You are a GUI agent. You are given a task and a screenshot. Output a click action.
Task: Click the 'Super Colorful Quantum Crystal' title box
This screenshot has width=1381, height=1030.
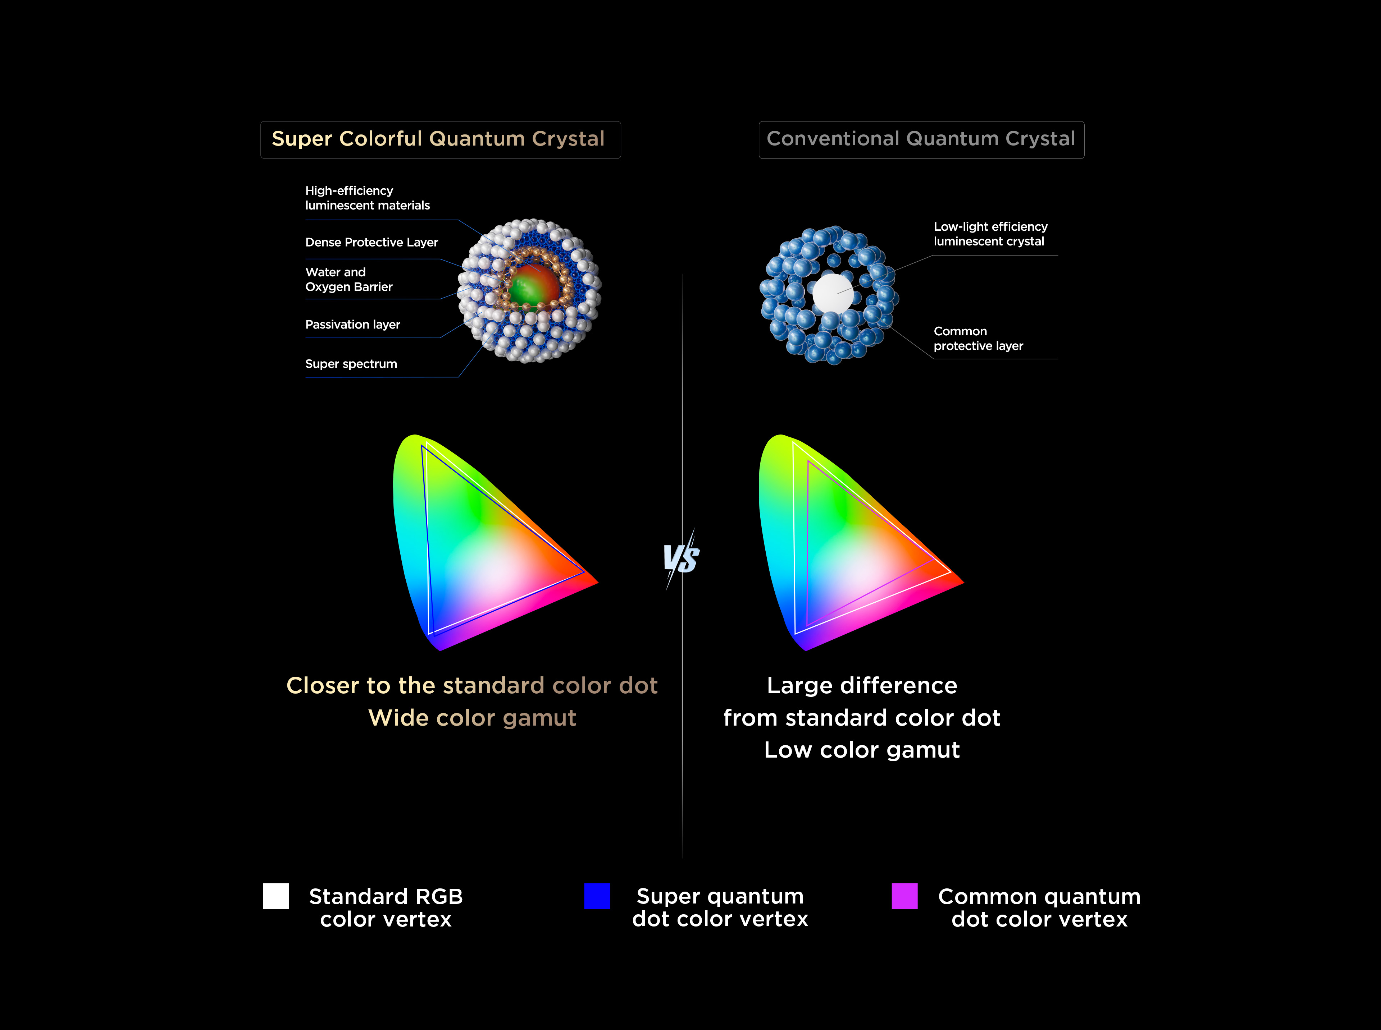[x=440, y=140]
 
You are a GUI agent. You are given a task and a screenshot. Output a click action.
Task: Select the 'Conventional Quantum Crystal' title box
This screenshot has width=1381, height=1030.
[x=921, y=140]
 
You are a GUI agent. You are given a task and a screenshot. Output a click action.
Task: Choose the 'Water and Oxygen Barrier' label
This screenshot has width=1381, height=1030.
[x=349, y=279]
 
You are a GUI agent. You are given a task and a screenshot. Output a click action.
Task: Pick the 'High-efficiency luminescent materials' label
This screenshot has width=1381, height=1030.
[x=368, y=198]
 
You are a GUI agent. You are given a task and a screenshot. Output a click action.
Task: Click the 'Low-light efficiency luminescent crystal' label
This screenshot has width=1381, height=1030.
[x=990, y=234]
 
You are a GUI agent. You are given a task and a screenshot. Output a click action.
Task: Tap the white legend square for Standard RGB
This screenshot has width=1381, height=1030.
[x=276, y=896]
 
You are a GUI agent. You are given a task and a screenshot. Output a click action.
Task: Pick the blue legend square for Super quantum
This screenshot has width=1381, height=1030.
[x=597, y=896]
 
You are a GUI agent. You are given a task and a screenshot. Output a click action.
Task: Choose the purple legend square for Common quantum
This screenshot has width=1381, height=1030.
[x=904, y=896]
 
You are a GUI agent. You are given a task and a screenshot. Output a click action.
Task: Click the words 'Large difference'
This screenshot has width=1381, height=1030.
[x=862, y=686]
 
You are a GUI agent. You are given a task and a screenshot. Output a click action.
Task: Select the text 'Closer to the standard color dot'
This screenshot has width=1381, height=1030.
[x=472, y=686]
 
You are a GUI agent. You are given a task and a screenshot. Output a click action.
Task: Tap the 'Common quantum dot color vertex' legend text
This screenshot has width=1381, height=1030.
[x=1039, y=908]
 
